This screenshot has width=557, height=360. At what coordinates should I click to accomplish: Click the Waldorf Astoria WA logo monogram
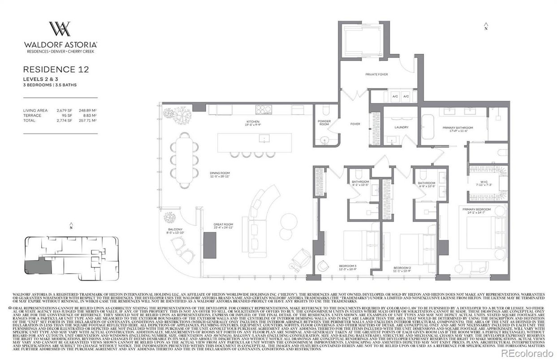60,29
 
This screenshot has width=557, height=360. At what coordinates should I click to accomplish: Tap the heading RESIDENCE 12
56,69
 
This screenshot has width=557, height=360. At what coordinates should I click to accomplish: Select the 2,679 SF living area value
64,110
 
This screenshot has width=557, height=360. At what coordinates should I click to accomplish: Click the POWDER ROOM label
324,123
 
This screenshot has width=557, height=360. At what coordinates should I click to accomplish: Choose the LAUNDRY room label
402,127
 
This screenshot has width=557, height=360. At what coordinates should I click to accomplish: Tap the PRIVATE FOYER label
376,74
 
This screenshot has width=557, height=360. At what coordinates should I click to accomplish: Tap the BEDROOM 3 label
348,267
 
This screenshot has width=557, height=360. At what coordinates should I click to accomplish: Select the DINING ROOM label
220,174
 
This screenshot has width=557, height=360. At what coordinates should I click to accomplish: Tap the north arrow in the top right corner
486,26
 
